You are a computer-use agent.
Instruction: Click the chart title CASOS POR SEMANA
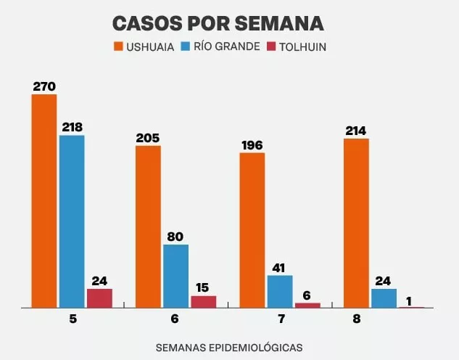(218, 22)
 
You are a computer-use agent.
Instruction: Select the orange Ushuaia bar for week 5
(44, 201)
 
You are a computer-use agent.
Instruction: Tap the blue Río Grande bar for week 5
(72, 221)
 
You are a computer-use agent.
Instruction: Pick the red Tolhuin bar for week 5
(99, 298)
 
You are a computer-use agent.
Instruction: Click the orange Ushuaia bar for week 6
(148, 226)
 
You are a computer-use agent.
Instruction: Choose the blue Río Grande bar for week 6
(175, 276)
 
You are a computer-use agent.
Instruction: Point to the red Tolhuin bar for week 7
(307, 306)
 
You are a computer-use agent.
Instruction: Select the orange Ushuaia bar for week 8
(356, 223)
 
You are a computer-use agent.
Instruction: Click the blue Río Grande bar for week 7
(280, 292)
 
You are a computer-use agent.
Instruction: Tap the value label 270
(44, 86)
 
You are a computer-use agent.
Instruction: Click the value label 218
(72, 127)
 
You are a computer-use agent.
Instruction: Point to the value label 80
(175, 237)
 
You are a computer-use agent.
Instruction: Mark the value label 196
(252, 145)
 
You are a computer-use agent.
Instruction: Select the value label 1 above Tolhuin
(410, 299)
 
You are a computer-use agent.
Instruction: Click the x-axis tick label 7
(280, 319)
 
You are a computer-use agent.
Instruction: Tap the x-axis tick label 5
(73, 319)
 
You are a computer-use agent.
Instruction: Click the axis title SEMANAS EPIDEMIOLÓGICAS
(229, 348)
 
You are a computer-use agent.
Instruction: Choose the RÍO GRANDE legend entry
(227, 47)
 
